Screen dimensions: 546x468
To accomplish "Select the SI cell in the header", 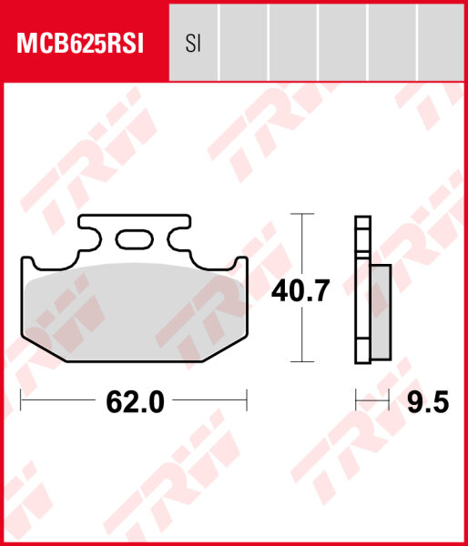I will tap(193, 43).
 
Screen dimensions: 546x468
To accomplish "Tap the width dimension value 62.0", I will tap(134, 401).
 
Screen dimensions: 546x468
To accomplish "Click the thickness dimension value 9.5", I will tap(427, 401).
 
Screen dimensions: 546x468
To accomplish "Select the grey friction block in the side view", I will tap(381, 309).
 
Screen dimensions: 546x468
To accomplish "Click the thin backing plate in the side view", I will tap(361, 291).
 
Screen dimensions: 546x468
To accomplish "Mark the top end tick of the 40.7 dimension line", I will tap(300, 214).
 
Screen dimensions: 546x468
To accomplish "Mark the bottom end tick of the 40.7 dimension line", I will tap(300, 362).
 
